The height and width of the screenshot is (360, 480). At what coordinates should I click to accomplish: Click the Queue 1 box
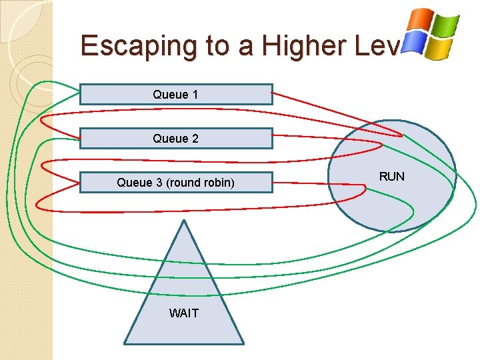pyautogui.click(x=176, y=95)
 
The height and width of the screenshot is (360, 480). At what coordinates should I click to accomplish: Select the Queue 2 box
pyautogui.click(x=176, y=139)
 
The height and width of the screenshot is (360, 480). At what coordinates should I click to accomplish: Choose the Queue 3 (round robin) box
pyautogui.click(x=176, y=183)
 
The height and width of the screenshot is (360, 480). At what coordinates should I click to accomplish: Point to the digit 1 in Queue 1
pyautogui.click(x=195, y=95)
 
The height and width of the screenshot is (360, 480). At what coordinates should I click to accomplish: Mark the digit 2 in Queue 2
pyautogui.click(x=195, y=139)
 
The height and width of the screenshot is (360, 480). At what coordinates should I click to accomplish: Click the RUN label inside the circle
pyautogui.click(x=391, y=177)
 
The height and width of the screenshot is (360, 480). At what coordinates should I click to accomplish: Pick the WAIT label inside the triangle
pyautogui.click(x=183, y=313)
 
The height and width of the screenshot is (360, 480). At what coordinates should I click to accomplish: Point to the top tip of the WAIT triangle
pyautogui.click(x=183, y=221)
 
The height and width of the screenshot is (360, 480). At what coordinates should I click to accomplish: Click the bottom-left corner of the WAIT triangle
pyautogui.click(x=125, y=343)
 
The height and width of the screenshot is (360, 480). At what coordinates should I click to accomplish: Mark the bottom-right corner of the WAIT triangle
pyautogui.click(x=243, y=343)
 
